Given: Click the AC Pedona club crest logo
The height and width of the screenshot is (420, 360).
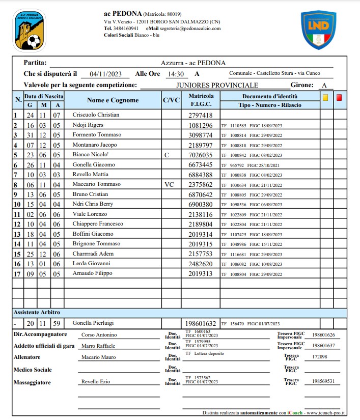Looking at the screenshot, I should coord(30,31).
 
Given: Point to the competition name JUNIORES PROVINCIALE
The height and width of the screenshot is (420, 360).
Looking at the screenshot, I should coord(217,85).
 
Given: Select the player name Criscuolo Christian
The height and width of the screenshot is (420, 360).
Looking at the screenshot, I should coord(96,115).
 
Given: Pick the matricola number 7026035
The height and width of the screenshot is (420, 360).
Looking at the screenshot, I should coord(201,155).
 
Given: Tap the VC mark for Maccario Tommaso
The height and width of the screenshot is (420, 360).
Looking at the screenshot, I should coord(170,184).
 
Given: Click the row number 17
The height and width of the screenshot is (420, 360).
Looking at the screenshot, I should coord(17,274).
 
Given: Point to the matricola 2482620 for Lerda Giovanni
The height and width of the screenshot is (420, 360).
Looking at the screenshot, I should coord(201,264).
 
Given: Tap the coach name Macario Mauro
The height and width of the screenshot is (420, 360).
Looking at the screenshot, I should coord(98,357).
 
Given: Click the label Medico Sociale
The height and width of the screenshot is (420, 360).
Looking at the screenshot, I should coord(33,370).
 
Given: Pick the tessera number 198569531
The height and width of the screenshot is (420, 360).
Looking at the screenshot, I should coord(323,381).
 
